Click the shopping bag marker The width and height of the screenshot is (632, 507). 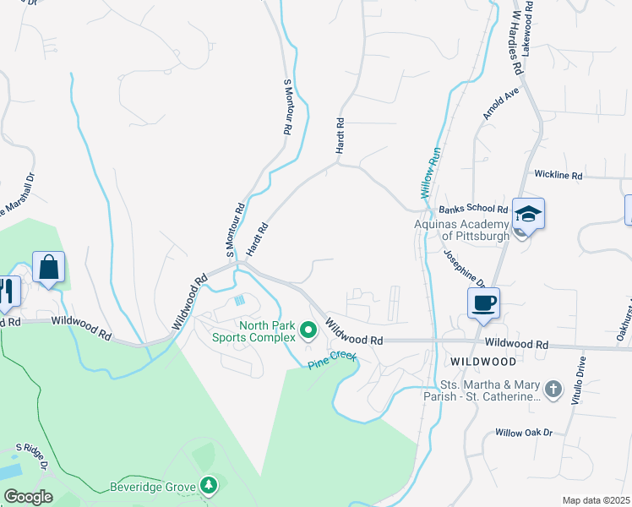(x=49, y=269)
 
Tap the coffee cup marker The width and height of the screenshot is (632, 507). (x=485, y=303)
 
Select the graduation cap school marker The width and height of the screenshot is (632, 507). (x=528, y=214)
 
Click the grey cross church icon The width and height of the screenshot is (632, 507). (x=553, y=390)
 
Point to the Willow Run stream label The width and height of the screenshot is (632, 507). (x=431, y=172)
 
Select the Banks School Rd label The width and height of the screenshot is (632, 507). (x=473, y=209)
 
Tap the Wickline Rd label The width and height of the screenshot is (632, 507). (x=558, y=175)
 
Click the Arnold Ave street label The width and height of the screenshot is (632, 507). (x=500, y=108)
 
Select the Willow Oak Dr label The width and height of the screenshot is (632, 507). (x=523, y=433)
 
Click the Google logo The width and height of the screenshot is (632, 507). (x=28, y=497)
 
